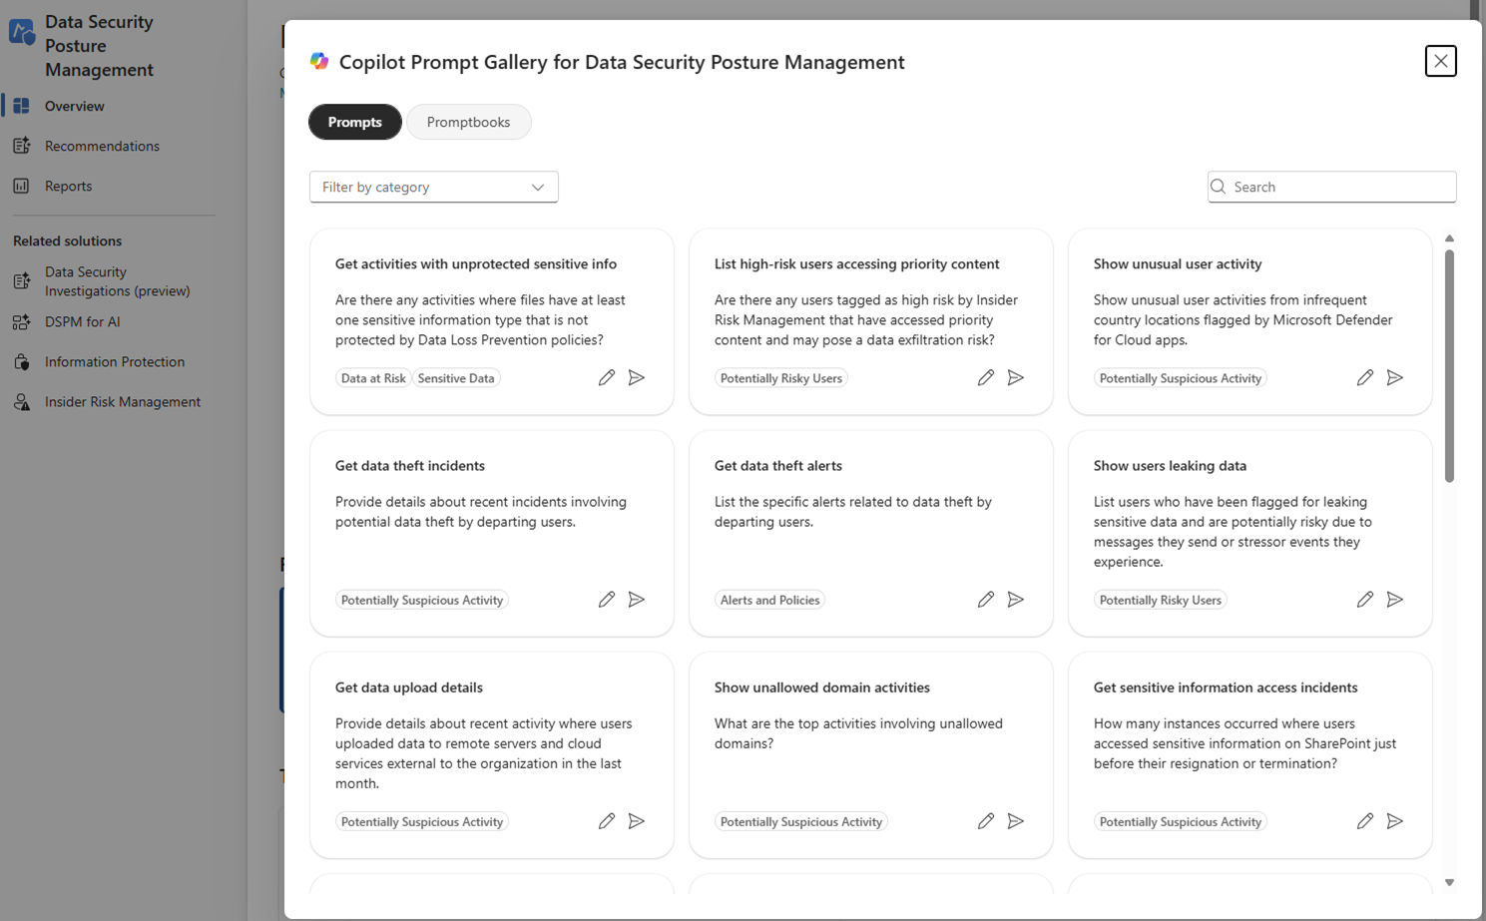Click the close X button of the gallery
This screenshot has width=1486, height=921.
click(1440, 61)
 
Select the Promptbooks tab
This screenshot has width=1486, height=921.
click(468, 122)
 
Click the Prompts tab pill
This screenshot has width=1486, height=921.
click(354, 122)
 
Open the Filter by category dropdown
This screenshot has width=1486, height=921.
click(433, 187)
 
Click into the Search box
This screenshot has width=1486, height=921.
click(1337, 187)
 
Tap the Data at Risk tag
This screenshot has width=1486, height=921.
click(373, 378)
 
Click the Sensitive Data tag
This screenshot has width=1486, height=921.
click(456, 378)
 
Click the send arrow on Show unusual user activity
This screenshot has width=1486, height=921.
click(1394, 377)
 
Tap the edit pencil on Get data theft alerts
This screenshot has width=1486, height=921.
click(985, 599)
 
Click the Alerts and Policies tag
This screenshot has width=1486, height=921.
click(769, 600)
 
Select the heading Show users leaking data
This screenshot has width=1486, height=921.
click(1170, 465)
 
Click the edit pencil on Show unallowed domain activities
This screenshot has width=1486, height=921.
click(985, 820)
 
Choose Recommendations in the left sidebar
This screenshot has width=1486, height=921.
click(102, 146)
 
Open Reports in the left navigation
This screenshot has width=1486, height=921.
click(68, 186)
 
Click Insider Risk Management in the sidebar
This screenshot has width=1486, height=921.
click(122, 401)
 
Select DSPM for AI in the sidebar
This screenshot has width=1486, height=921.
click(82, 321)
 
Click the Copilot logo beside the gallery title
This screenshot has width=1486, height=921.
click(319, 61)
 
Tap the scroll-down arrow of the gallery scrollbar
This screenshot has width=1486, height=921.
click(1449, 882)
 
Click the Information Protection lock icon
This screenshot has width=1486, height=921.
click(21, 361)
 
